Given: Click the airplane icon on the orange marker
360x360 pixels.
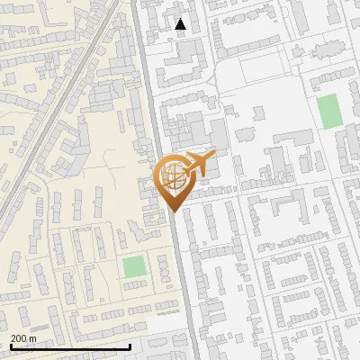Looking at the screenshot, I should [197, 165].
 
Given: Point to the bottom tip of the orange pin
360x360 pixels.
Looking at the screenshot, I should [172, 211].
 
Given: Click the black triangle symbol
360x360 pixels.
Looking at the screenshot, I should [181, 24].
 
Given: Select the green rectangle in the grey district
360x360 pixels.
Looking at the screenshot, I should [329, 111].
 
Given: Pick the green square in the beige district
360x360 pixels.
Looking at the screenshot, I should [134, 267].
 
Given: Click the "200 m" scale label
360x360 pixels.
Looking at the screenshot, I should [23, 337].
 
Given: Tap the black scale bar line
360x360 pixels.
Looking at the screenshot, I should [70, 346].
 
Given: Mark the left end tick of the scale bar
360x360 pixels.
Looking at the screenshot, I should [10, 345].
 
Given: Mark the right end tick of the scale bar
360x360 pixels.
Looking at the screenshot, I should [130, 345].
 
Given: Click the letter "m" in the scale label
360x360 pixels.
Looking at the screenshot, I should [32, 337].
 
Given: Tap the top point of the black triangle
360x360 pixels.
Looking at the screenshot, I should [181, 19].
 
